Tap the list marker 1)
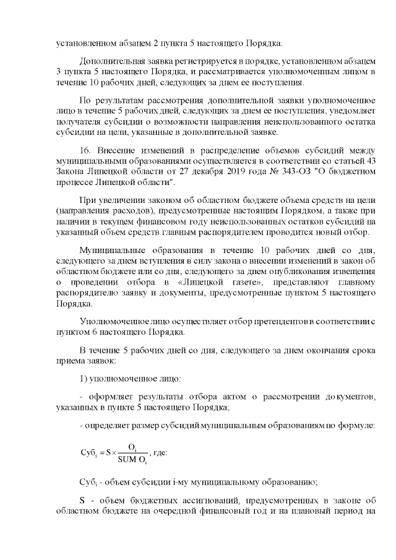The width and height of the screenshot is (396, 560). (x=85, y=377)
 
